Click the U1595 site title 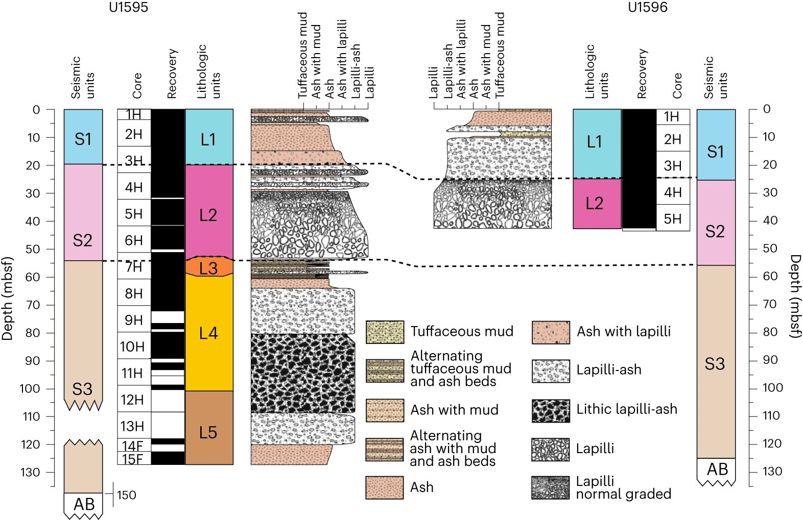coord(128,7)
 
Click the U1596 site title coord(647,7)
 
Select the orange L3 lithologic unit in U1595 coord(208,267)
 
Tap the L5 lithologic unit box coord(208,432)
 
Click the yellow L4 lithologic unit coord(208,333)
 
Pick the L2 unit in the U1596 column coord(595,204)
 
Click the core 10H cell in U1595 coord(133,346)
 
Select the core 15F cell coord(133,459)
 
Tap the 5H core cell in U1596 coord(672,218)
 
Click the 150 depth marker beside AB coord(126,495)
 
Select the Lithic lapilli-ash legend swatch coord(550,411)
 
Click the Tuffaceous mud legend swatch coord(385,332)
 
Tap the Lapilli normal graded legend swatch coord(550,488)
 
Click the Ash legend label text coord(421,487)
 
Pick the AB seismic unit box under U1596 coord(716,469)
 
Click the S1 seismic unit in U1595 coord(83,139)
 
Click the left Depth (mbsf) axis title coord(7,298)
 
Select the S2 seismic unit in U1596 coord(715,232)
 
